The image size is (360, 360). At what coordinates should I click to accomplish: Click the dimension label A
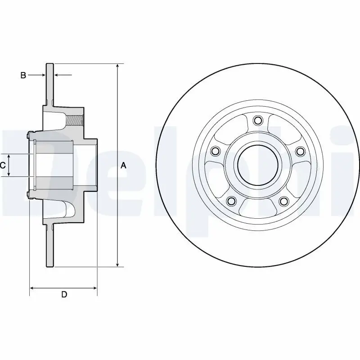pos(124,166)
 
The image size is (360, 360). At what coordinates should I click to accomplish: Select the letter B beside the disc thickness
pos(23,75)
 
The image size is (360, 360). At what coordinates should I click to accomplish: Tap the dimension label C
pos(3,165)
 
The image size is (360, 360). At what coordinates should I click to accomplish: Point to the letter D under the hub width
pos(64,295)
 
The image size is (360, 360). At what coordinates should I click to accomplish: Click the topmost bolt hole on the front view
pos(257,120)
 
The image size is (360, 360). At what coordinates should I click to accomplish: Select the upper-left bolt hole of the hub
pos(215,151)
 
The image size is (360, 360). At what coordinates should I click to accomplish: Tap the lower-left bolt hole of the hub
pos(231,201)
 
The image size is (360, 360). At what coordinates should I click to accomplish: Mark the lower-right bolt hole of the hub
pos(283,201)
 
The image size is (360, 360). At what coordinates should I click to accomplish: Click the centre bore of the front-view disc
pos(257,165)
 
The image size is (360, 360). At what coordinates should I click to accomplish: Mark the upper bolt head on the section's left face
pos(29,134)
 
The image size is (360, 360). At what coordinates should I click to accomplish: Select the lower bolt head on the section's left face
pos(29,195)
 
